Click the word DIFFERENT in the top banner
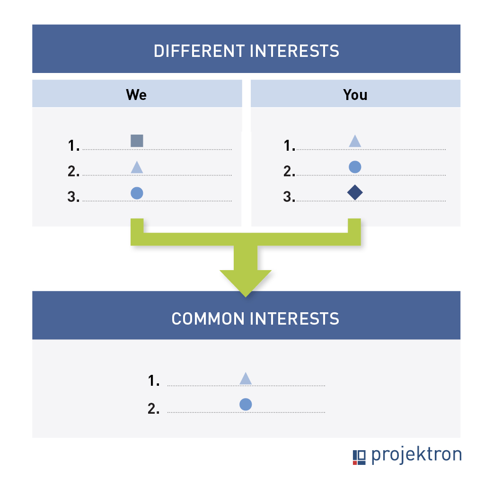click(199, 51)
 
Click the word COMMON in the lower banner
click(208, 319)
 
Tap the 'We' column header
click(136, 94)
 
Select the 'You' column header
click(355, 94)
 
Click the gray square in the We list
click(137, 141)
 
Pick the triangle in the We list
click(137, 168)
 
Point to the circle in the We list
click(137, 193)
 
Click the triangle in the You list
click(355, 141)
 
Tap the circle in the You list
click(355, 167)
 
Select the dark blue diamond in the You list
click(355, 192)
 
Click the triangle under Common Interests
click(246, 379)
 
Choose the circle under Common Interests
click(246, 404)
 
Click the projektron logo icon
click(359, 457)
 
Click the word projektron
click(417, 455)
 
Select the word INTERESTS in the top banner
click(295, 51)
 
